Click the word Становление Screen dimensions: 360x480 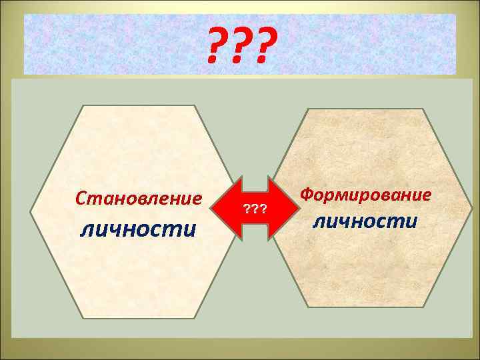pos(139,199)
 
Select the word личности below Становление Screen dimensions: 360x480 pos(139,229)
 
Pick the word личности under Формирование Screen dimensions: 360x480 pos(366,221)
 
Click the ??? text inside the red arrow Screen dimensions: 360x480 pos(255,209)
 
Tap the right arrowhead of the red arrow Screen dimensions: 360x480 pos(293,208)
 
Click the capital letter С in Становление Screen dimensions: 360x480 pos(81,199)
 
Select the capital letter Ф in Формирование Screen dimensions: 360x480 pos(307,195)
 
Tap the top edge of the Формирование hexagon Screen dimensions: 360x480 pos(366,109)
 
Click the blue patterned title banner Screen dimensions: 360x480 pos(100,44)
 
